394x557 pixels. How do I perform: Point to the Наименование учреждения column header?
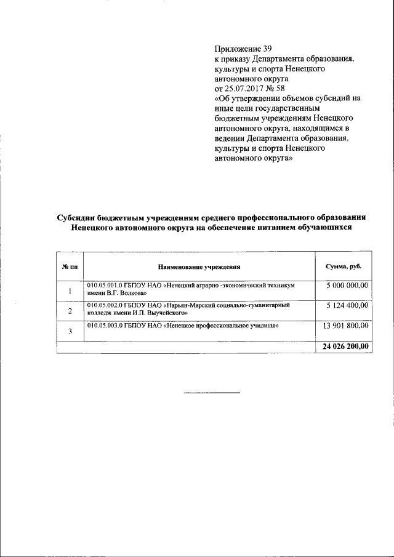click(199, 266)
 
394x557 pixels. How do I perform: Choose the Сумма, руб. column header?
click(344, 266)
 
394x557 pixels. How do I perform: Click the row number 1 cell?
click(70, 291)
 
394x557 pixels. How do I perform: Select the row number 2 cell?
click(70, 311)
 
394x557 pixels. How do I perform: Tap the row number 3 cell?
click(70, 332)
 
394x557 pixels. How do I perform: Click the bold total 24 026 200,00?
click(345, 347)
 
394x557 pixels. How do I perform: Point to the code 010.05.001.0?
click(105, 286)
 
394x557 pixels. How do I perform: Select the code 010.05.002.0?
click(105, 305)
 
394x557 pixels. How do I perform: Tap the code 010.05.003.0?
click(105, 325)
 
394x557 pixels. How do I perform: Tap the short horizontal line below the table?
click(212, 393)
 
